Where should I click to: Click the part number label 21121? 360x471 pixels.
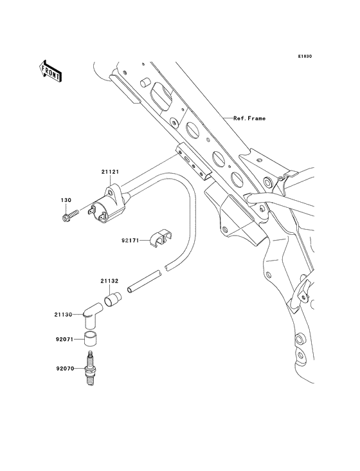tap(109, 172)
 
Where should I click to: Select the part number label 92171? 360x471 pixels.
tap(130, 241)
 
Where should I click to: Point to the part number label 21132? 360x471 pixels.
tap(109, 281)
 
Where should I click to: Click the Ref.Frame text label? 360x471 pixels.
tap(249, 118)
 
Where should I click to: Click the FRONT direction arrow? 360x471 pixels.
tap(51, 70)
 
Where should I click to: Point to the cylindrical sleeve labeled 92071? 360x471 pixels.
tap(91, 338)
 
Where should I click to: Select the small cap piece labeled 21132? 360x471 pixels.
tap(114, 298)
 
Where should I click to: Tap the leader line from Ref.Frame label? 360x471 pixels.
tap(219, 118)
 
